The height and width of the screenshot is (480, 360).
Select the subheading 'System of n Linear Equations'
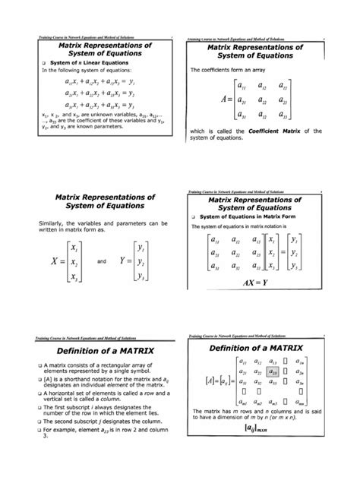[82, 63]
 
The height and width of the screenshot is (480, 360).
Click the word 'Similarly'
[49, 223]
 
